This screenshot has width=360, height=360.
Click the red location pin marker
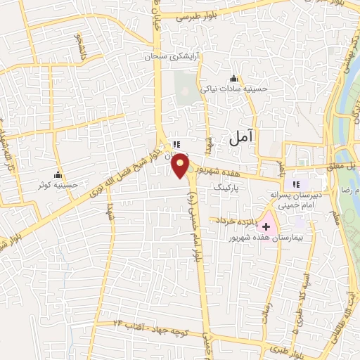pos(181,165)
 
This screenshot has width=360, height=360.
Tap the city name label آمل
pos(240,139)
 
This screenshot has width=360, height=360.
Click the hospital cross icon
pos(266,226)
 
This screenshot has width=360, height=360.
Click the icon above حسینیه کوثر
pos(58,174)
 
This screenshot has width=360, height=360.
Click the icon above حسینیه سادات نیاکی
pos(233,78)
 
